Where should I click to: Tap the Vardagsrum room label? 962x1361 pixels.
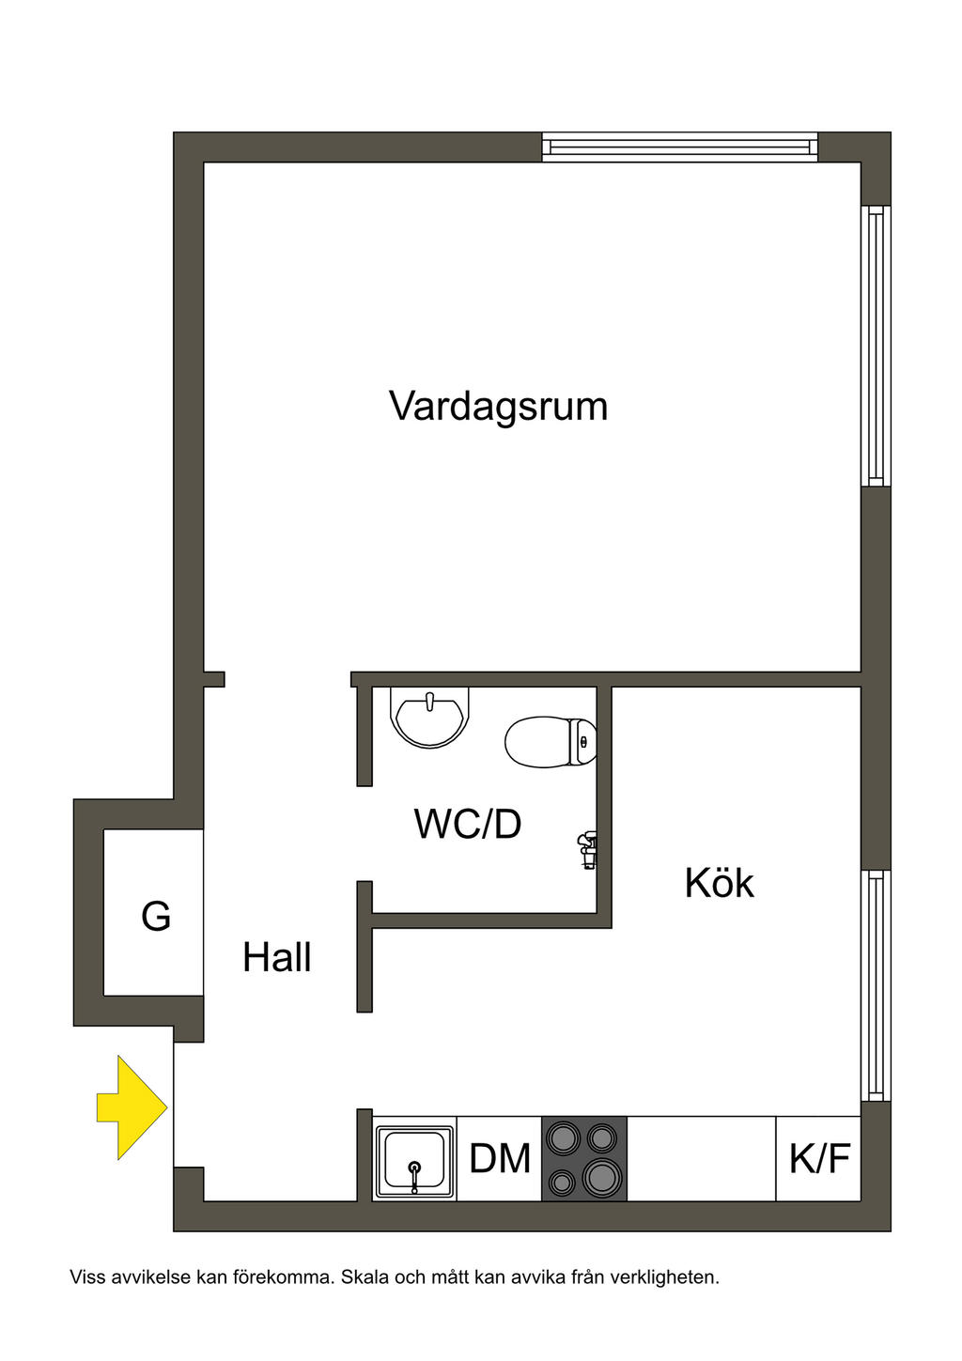pyautogui.click(x=498, y=407)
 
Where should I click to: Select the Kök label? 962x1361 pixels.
pyautogui.click(x=719, y=884)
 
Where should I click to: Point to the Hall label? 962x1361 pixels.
pyautogui.click(x=276, y=958)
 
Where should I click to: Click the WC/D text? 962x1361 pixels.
pyautogui.click(x=467, y=825)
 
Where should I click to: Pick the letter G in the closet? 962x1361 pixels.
pyautogui.click(x=156, y=916)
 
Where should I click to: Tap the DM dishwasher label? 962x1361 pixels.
pyautogui.click(x=500, y=1159)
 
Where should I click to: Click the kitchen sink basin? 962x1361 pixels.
pyautogui.click(x=414, y=1159)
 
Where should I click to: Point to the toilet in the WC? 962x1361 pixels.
pyautogui.click(x=550, y=742)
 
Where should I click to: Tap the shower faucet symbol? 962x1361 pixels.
pyautogui.click(x=587, y=848)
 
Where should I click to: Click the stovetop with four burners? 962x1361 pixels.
pyautogui.click(x=583, y=1159)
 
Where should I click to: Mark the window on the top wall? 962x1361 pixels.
pyautogui.click(x=680, y=147)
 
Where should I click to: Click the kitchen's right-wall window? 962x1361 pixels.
pyautogui.click(x=876, y=984)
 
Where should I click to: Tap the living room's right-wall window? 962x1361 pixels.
pyautogui.click(x=876, y=345)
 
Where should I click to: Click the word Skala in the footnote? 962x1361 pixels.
pyautogui.click(x=363, y=1277)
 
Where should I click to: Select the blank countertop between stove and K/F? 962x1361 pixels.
pyautogui.click(x=701, y=1159)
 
